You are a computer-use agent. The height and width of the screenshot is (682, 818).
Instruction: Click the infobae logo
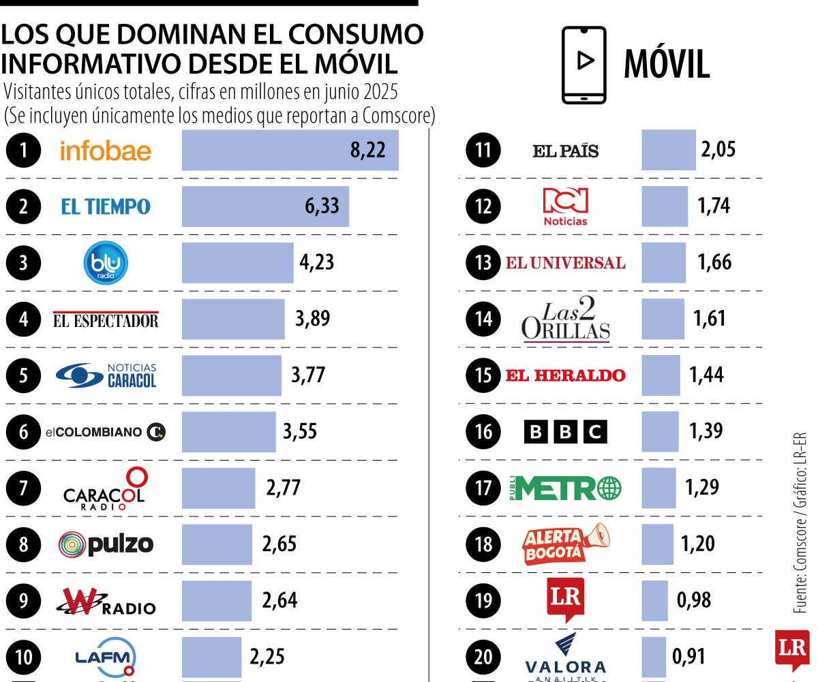(106, 151)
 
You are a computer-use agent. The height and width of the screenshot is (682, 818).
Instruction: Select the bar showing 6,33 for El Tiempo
(265, 206)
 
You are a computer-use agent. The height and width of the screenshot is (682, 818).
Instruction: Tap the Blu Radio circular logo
(106, 263)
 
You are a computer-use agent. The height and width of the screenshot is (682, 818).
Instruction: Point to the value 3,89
(312, 319)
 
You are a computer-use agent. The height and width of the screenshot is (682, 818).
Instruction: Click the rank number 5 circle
(25, 375)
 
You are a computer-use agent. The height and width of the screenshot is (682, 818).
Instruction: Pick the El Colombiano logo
(106, 432)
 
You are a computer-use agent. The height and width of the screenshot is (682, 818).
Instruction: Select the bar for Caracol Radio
(218, 488)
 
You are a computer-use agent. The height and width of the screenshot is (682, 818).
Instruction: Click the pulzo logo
(106, 544)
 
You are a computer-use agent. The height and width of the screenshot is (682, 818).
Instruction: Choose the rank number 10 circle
(25, 657)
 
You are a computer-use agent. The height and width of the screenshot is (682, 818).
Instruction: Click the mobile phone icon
(584, 65)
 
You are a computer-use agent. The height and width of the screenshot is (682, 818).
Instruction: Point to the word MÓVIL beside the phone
(667, 65)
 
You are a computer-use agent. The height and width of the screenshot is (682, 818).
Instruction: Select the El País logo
(565, 151)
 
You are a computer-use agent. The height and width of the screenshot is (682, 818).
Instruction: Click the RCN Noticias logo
(565, 206)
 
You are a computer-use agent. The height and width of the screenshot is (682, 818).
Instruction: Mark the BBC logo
(565, 432)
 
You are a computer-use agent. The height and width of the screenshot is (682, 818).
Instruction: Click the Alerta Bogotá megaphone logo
(565, 544)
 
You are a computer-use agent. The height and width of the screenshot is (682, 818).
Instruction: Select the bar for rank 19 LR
(654, 600)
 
